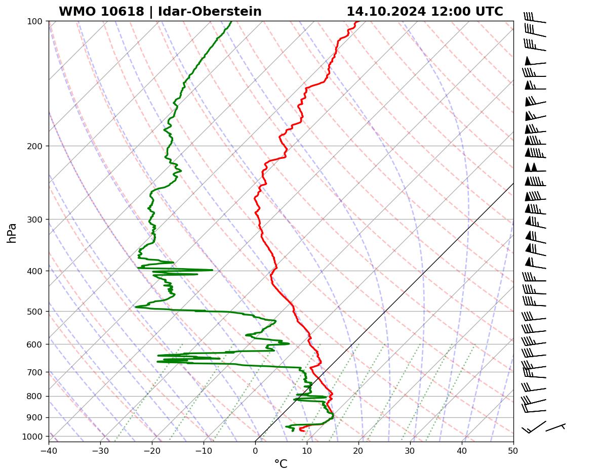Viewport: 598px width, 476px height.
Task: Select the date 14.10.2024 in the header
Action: pyautogui.click(x=386, y=12)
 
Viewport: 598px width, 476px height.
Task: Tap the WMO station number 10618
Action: pyautogui.click(x=101, y=12)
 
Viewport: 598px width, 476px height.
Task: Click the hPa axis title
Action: pyautogui.click(x=12, y=233)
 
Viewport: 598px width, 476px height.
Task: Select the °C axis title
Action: pyautogui.click(x=281, y=464)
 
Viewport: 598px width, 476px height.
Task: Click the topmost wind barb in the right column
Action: pyautogui.click(x=534, y=18)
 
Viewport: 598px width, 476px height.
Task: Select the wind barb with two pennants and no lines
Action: pyautogui.click(x=534, y=168)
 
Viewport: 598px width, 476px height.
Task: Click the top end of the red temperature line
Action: pyautogui.click(x=356, y=22)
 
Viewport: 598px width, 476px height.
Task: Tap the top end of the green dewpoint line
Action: pyautogui.click(x=231, y=22)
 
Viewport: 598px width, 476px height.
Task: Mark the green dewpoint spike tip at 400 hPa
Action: pyautogui.click(x=212, y=270)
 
